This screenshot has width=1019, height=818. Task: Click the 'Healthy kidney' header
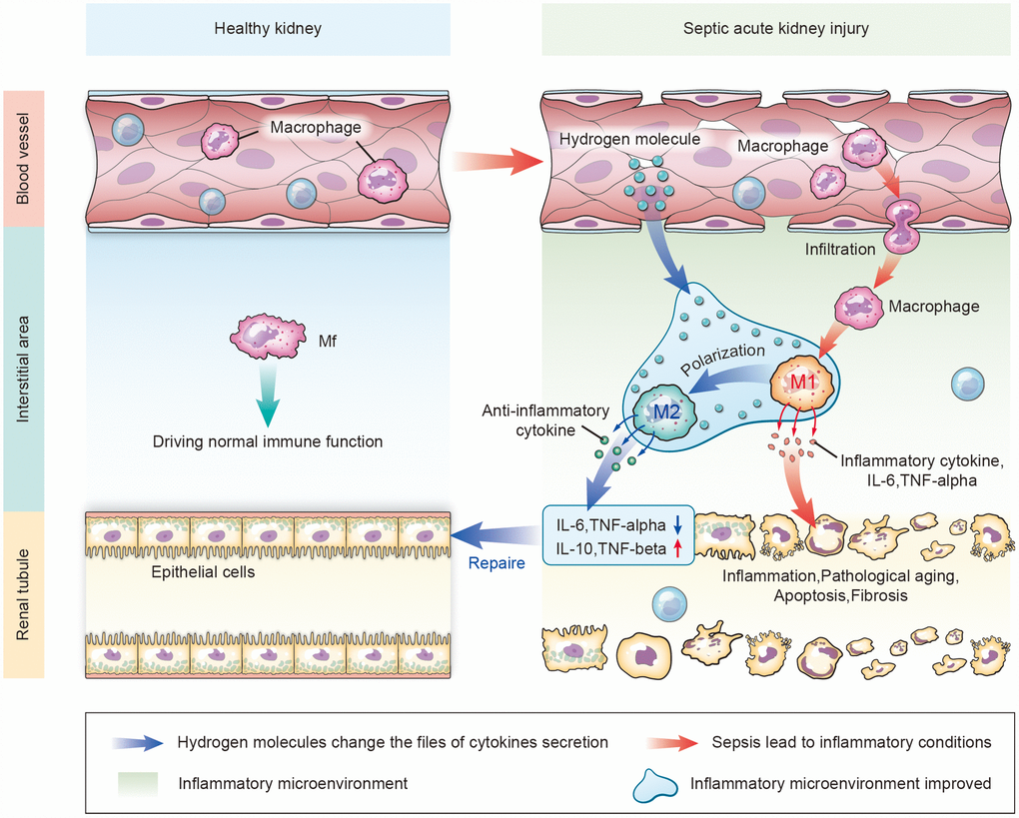click(x=268, y=28)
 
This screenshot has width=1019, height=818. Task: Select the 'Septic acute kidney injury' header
click(x=775, y=28)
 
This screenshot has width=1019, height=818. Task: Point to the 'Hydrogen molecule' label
click(x=629, y=139)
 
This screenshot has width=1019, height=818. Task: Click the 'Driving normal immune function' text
click(x=268, y=441)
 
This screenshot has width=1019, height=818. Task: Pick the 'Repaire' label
click(x=497, y=563)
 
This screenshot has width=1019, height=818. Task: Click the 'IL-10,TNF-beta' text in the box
click(x=603, y=547)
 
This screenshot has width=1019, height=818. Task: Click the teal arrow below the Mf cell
click(x=264, y=396)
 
